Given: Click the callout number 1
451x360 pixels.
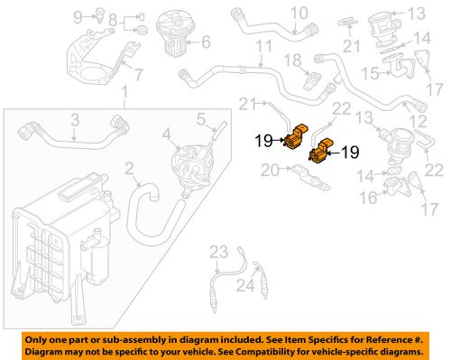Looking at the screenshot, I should point(125,95).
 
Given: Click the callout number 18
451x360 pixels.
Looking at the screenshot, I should point(292,60).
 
